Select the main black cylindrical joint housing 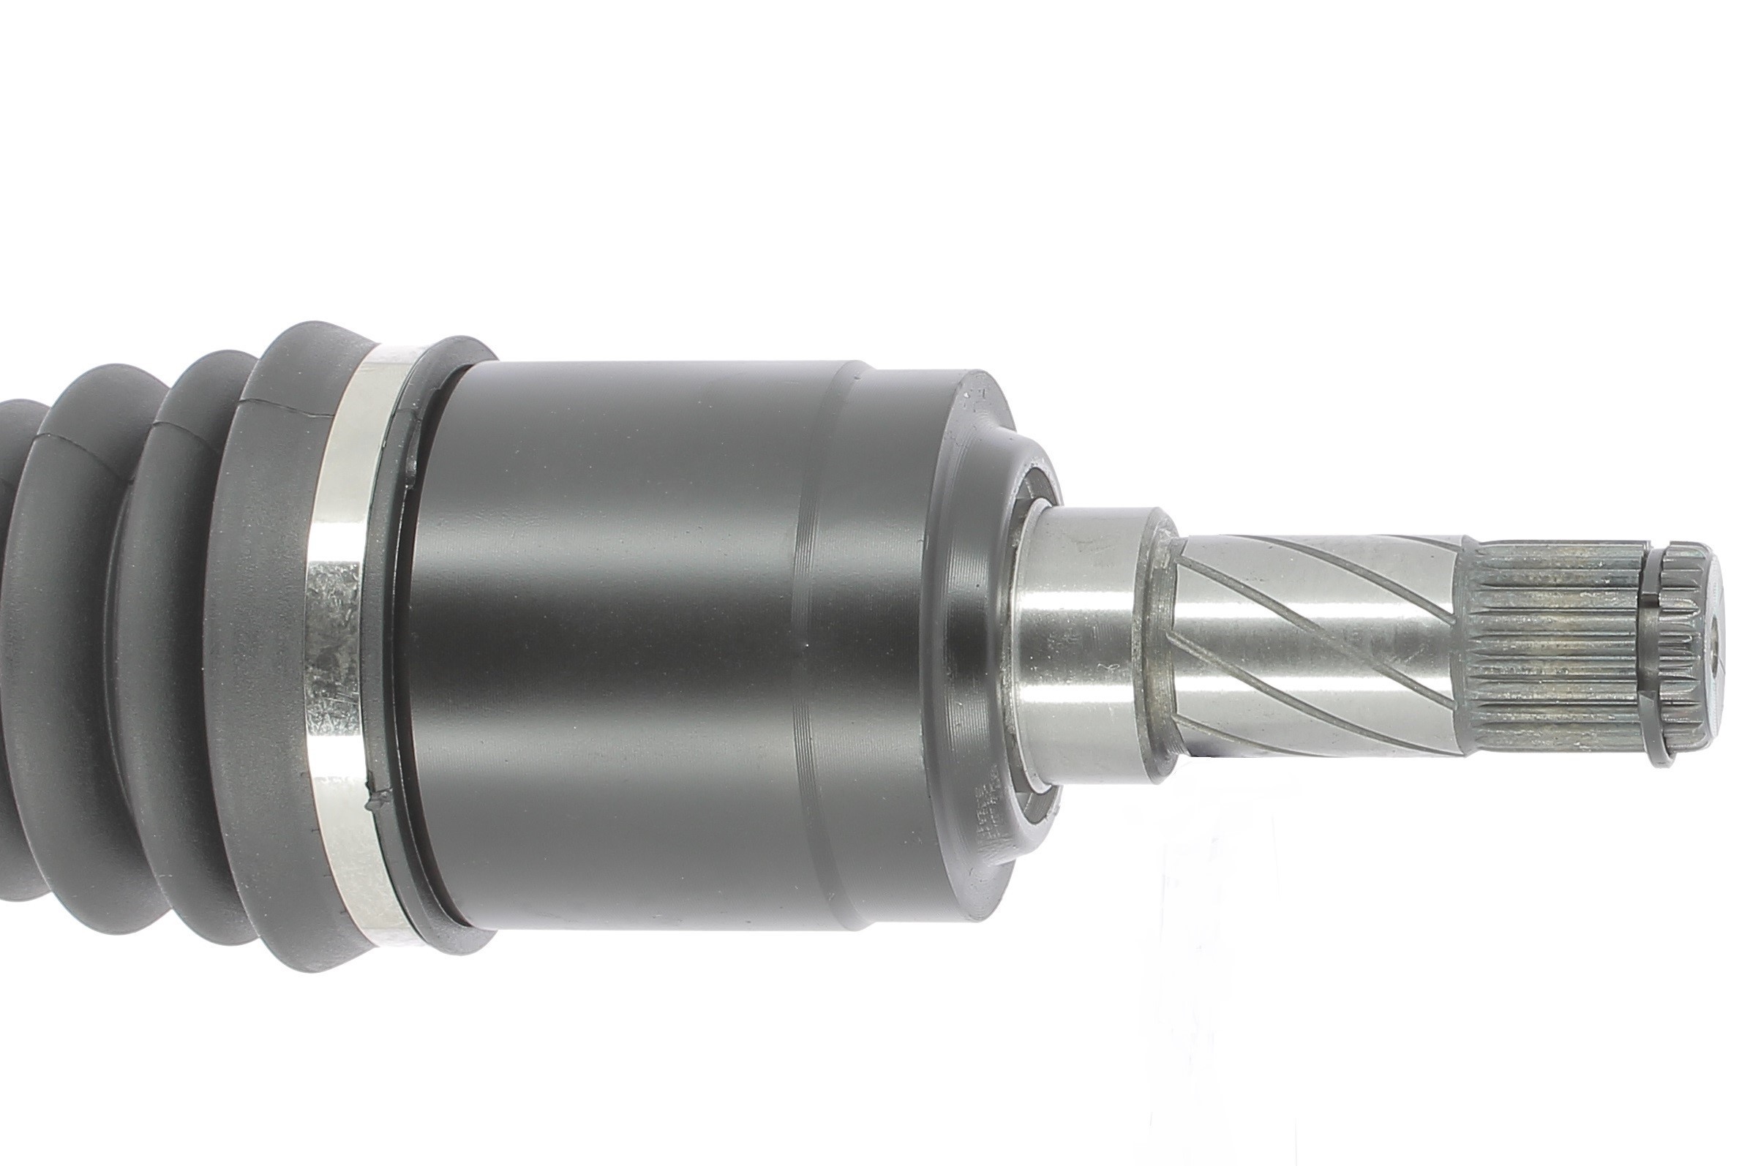click(x=610, y=647)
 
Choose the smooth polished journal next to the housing click(x=1078, y=647)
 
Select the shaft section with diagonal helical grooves click(x=1309, y=647)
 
